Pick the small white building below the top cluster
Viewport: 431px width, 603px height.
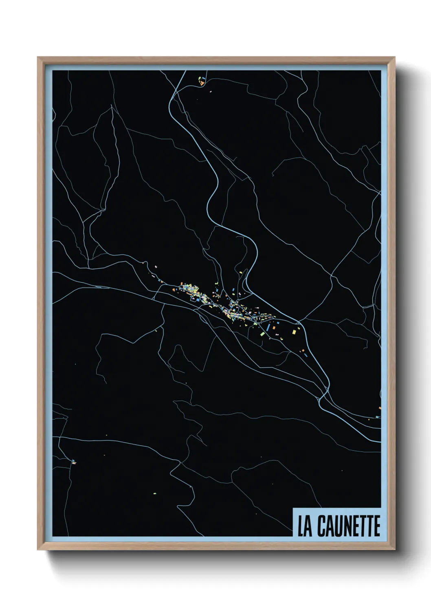pos(211,92)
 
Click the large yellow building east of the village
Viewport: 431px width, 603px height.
pos(294,332)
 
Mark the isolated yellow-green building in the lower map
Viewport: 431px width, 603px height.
pos(155,493)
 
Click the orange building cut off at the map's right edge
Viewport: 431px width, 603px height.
pos(380,408)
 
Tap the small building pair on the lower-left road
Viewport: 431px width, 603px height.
pos(73,462)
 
